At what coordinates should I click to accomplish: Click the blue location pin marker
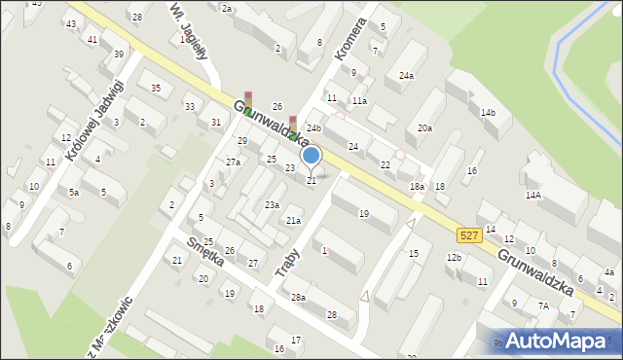311,157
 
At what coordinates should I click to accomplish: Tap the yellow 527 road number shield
467,235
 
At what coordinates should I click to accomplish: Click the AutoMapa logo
558,341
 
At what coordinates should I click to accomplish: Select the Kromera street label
350,39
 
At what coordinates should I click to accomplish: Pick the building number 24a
406,75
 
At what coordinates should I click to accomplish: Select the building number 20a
424,128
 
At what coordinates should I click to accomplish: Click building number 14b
488,113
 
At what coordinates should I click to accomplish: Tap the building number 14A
533,195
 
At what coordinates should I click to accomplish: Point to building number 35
155,89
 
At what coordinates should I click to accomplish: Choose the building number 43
70,23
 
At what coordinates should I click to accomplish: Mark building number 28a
298,298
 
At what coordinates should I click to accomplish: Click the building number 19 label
363,213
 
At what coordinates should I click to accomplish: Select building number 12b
454,257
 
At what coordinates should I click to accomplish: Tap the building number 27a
233,162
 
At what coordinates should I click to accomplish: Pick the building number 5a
73,193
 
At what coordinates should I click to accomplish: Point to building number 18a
417,186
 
